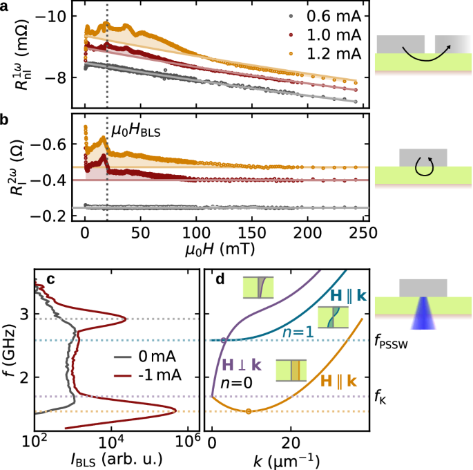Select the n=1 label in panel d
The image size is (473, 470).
point(298,331)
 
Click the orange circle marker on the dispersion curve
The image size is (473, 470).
point(249,411)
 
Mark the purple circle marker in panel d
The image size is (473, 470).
point(223,340)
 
